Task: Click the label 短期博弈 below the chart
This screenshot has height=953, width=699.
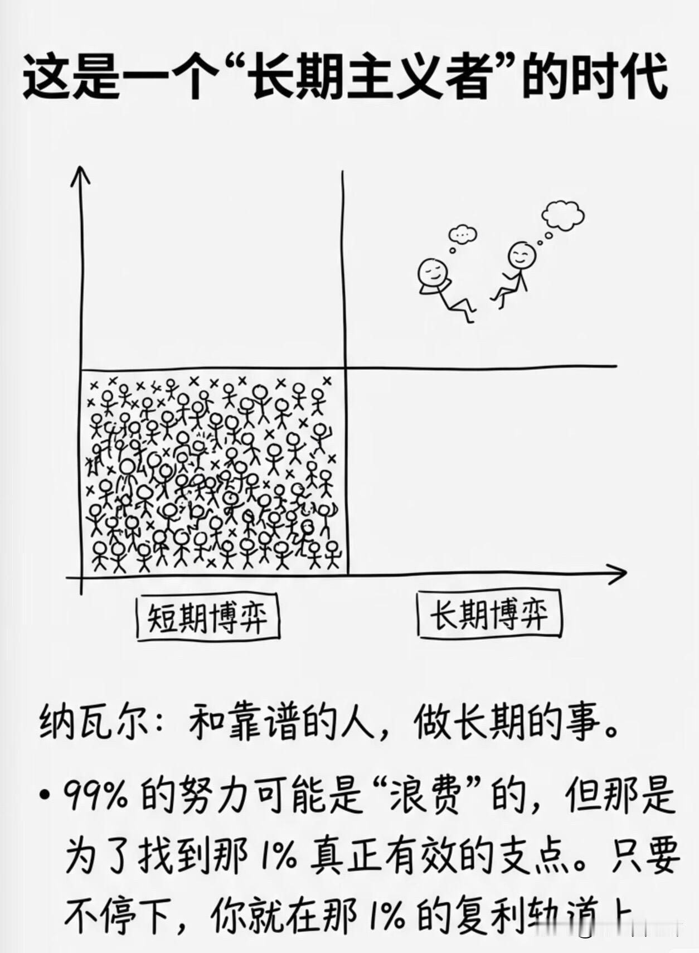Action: pos(207,617)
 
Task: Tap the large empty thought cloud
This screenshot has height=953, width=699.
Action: pos(563,215)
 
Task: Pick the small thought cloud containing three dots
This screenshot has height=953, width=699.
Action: pos(462,235)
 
